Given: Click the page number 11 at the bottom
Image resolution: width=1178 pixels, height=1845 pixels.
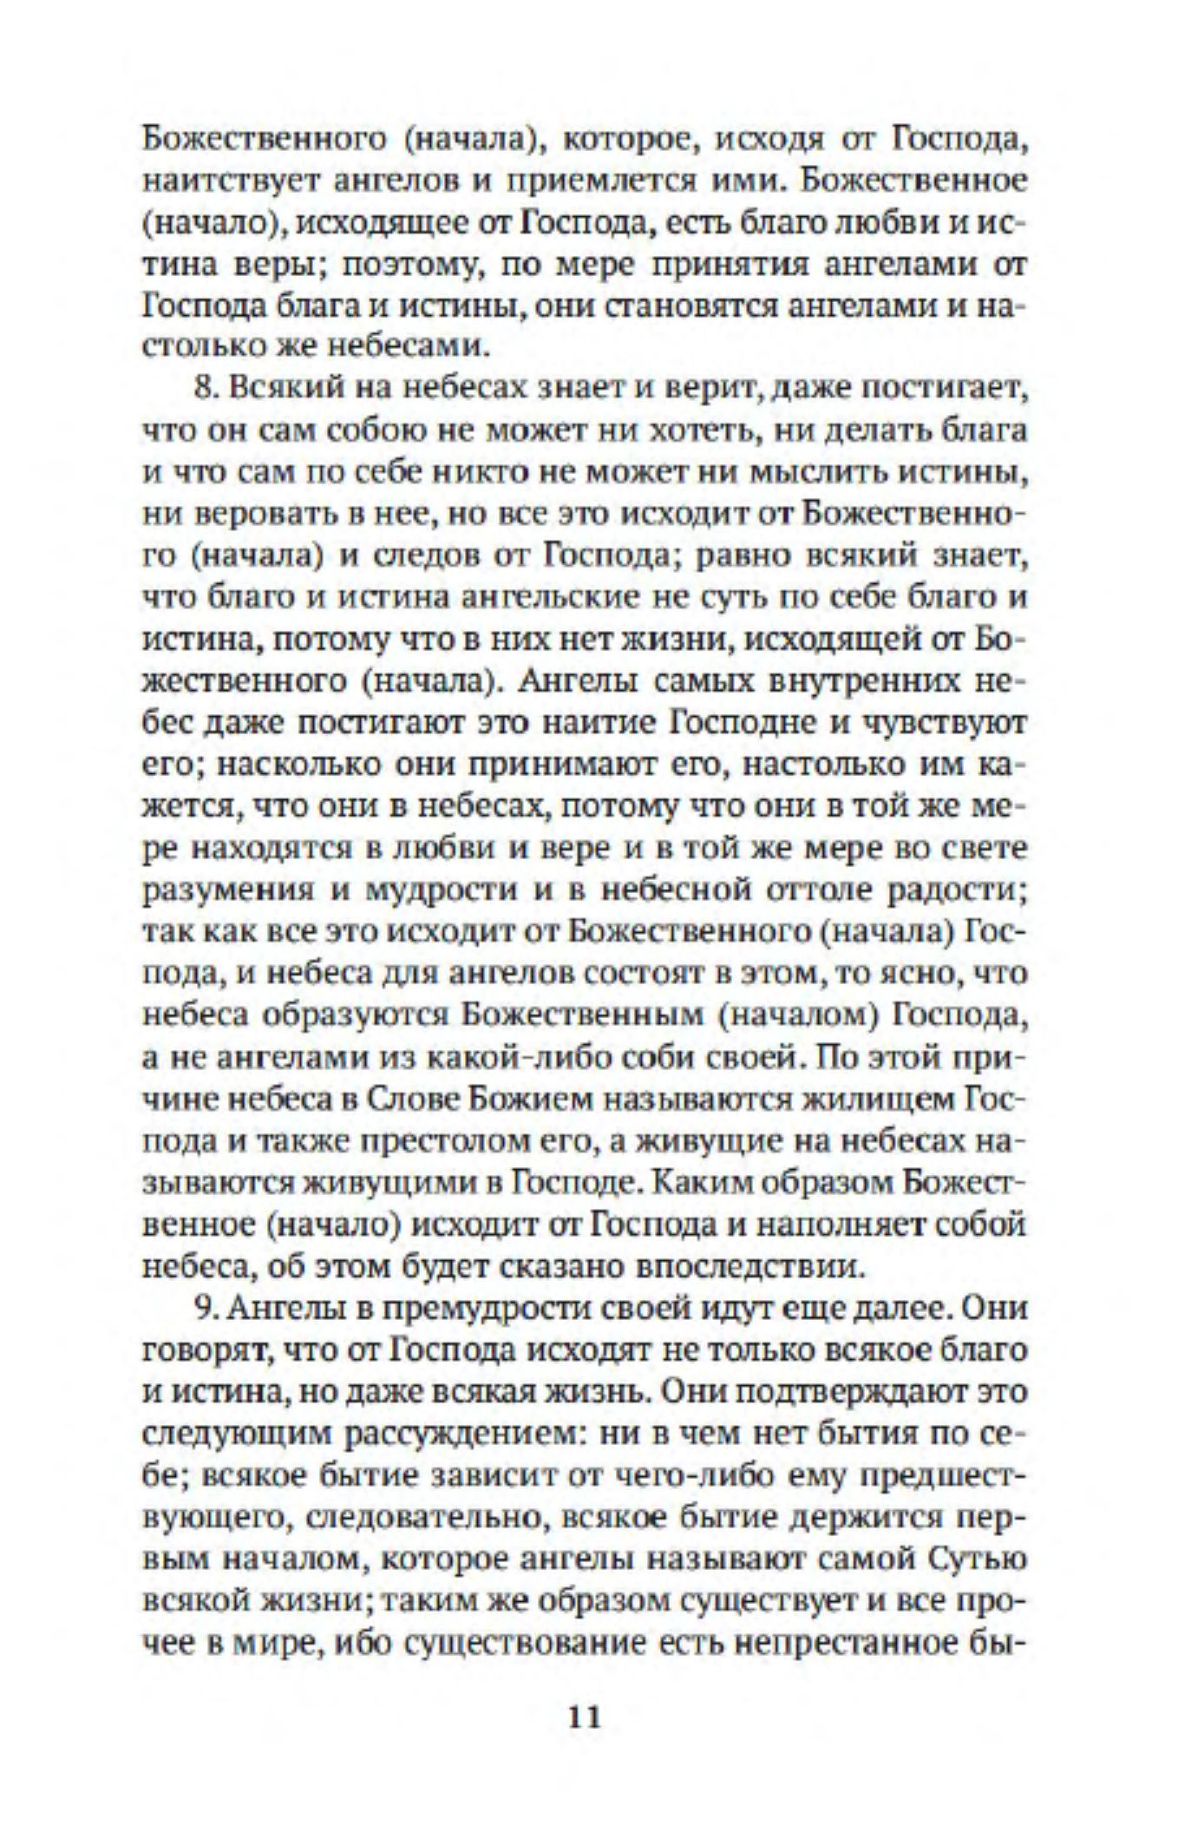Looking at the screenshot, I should pyautogui.click(x=582, y=1717).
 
